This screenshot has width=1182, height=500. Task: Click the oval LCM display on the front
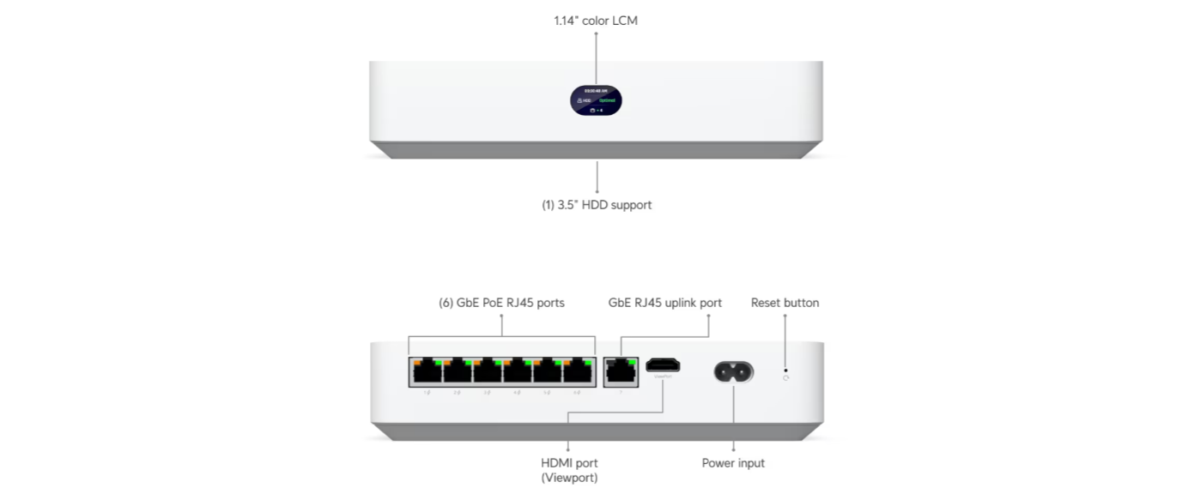596,100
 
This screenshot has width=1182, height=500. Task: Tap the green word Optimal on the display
608,100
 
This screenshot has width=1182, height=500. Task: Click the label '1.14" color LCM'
596,21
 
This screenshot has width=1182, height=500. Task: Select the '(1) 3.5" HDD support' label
597,205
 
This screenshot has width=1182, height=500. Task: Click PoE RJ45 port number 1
427,371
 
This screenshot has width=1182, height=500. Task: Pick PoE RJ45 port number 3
487,371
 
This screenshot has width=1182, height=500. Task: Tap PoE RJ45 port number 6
577,371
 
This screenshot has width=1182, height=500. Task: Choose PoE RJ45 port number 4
517,371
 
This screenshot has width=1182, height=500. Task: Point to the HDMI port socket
663,364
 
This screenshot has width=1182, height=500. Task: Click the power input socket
733,371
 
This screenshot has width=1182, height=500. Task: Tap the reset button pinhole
785,370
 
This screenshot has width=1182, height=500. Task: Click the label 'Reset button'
785,303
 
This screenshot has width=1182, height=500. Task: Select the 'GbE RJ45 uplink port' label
665,303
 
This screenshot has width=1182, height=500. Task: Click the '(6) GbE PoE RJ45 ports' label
502,303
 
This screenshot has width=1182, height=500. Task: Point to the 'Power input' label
733,463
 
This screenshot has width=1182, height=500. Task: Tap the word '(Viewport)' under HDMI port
569,478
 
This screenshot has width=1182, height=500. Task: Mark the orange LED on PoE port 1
417,362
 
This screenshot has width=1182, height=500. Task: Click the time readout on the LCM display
596,90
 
